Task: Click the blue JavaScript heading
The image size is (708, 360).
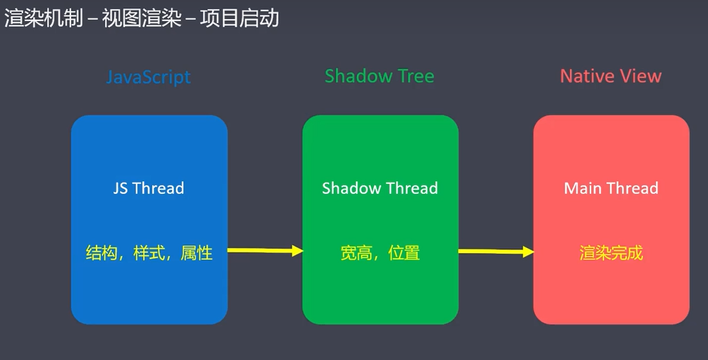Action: [149, 77]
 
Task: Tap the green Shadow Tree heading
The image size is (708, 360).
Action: [379, 76]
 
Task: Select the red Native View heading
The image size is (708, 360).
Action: [611, 76]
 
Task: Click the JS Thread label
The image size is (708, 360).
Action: [149, 188]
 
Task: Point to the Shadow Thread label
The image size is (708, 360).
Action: [380, 188]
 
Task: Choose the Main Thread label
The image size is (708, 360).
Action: [611, 188]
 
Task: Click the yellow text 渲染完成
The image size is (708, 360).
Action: [611, 253]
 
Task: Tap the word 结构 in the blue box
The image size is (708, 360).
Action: [102, 253]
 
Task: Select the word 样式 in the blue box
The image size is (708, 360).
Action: [149, 253]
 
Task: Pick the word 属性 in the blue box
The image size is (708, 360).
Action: [197, 253]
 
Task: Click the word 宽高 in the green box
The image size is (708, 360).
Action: [356, 253]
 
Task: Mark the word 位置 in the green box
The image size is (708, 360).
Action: [404, 253]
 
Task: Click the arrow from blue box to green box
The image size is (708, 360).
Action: [265, 250]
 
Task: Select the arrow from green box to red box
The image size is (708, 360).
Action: [496, 252]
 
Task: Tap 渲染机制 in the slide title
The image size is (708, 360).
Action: [44, 18]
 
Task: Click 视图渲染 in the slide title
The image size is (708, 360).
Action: [141, 18]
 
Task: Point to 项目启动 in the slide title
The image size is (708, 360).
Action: [240, 18]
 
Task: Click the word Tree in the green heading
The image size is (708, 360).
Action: [415, 76]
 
